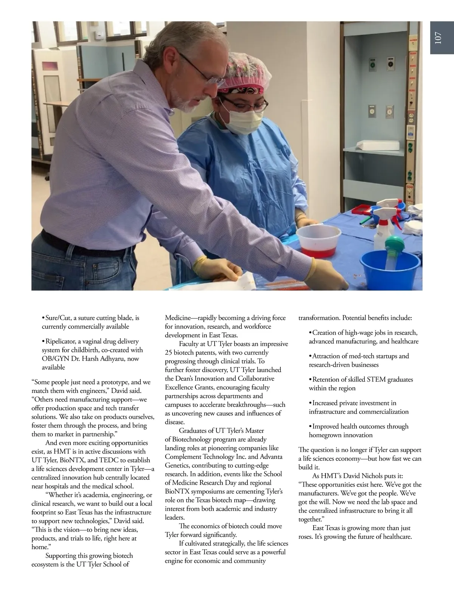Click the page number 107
438,38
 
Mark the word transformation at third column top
319,318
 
